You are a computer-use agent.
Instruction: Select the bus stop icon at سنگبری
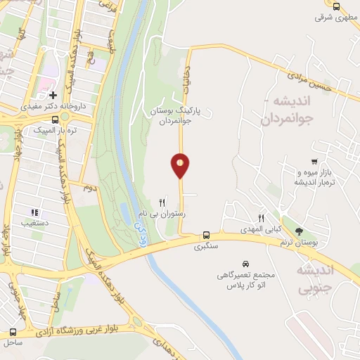click(206, 235)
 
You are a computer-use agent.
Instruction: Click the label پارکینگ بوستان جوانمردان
click(179, 115)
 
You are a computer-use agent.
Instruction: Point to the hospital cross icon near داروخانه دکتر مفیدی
click(53, 94)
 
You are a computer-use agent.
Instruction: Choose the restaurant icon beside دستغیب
click(34, 212)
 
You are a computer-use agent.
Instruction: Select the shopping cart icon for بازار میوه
click(314, 162)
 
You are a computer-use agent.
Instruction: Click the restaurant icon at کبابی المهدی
click(261, 218)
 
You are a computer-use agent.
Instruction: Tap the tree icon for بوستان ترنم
click(300, 231)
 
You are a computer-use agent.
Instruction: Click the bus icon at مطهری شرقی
click(337, 6)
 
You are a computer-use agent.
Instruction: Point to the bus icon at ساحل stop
click(13, 331)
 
